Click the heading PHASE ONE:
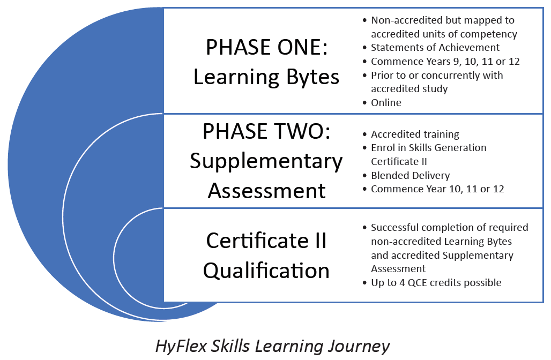[x=267, y=47]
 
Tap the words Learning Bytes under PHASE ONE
[x=266, y=77]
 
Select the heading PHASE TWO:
[x=267, y=131]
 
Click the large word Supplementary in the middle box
[x=266, y=162]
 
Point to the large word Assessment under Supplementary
[x=267, y=191]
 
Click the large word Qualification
[x=266, y=271]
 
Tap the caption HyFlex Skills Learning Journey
[x=272, y=346]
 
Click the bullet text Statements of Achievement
[x=435, y=48]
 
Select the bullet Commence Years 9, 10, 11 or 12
[x=445, y=62]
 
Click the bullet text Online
[x=386, y=102]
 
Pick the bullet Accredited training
[x=415, y=134]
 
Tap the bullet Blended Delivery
[x=411, y=175]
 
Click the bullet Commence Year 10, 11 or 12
[x=437, y=189]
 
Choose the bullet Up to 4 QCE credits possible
[x=436, y=283]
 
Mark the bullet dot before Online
[x=364, y=103]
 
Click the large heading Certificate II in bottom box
[x=266, y=241]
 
